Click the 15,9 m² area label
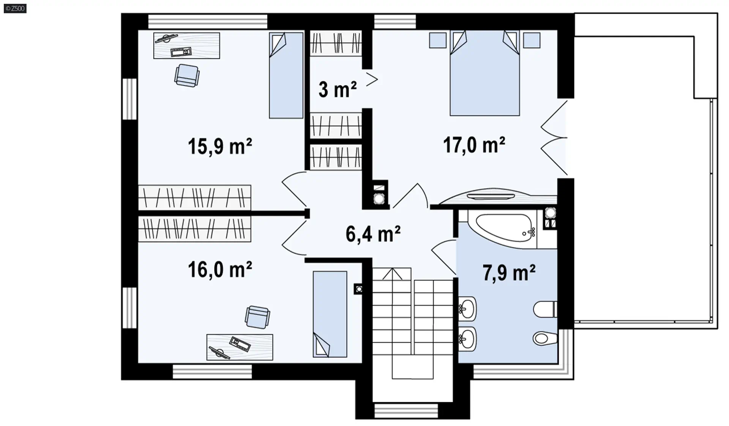220,146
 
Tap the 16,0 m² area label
220,269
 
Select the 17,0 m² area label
474,145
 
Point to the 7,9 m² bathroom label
509,272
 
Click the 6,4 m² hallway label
373,234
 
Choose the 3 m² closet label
338,90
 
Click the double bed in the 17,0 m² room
484,73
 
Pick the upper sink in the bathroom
467,308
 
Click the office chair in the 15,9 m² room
186,76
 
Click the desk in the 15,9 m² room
186,46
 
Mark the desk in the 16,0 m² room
240,347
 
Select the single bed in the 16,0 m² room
330,314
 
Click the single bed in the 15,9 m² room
286,75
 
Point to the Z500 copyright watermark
15,8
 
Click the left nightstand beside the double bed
438,40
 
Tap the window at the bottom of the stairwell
406,411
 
